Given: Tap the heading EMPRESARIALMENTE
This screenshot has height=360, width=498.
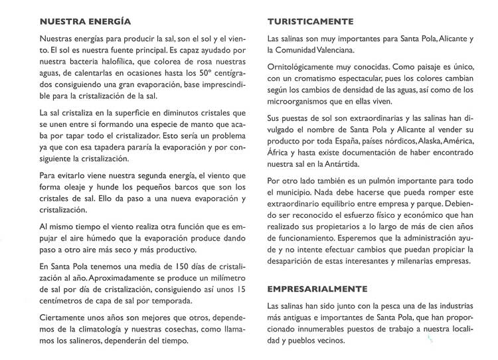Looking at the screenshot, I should (317, 290).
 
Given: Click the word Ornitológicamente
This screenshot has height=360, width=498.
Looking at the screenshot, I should (304, 68).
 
